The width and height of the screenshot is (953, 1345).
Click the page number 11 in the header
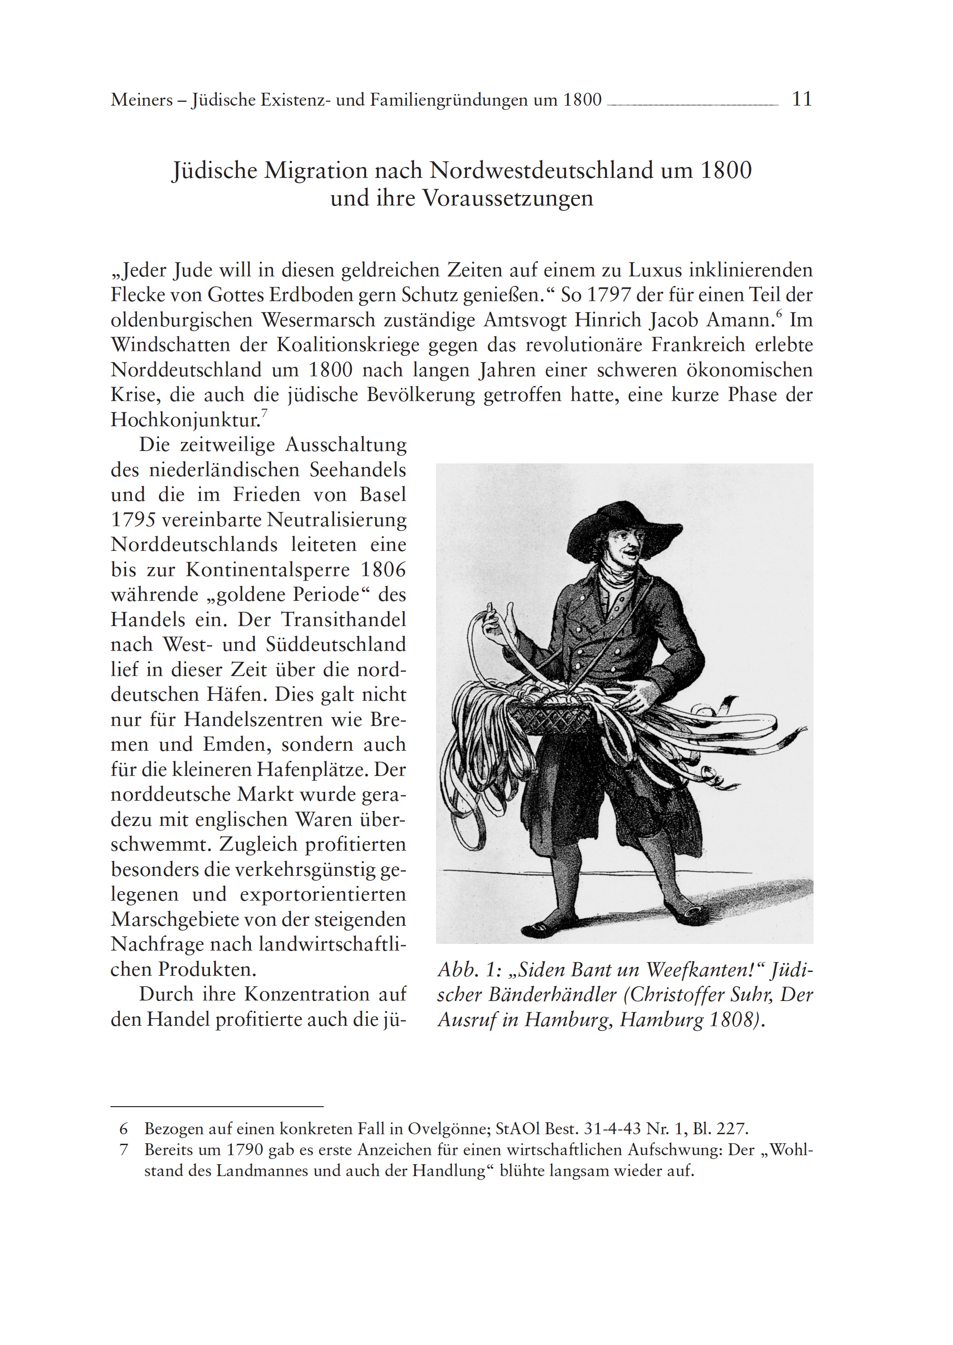[802, 99]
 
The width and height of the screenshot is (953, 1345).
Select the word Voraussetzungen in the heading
[507, 199]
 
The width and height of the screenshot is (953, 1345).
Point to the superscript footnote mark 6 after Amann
[779, 314]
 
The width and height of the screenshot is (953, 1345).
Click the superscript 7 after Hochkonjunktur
[264, 413]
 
